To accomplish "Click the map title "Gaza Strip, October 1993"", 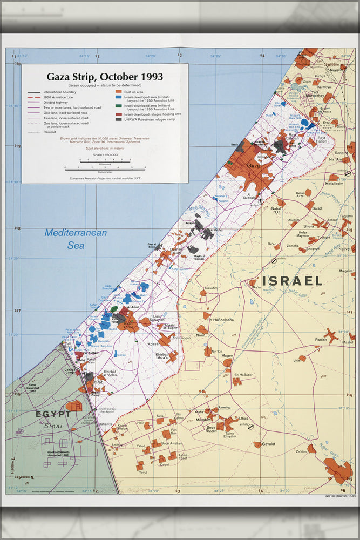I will (105, 77).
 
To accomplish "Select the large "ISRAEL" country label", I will (292, 281).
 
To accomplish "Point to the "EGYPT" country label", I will (53, 414).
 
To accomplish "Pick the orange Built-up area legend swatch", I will (118, 93).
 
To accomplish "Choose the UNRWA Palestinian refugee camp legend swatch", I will (118, 119).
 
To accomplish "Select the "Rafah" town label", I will (98, 382).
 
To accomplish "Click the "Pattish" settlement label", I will (321, 340).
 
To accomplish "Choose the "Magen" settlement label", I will (227, 356).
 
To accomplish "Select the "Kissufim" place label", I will (211, 288).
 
